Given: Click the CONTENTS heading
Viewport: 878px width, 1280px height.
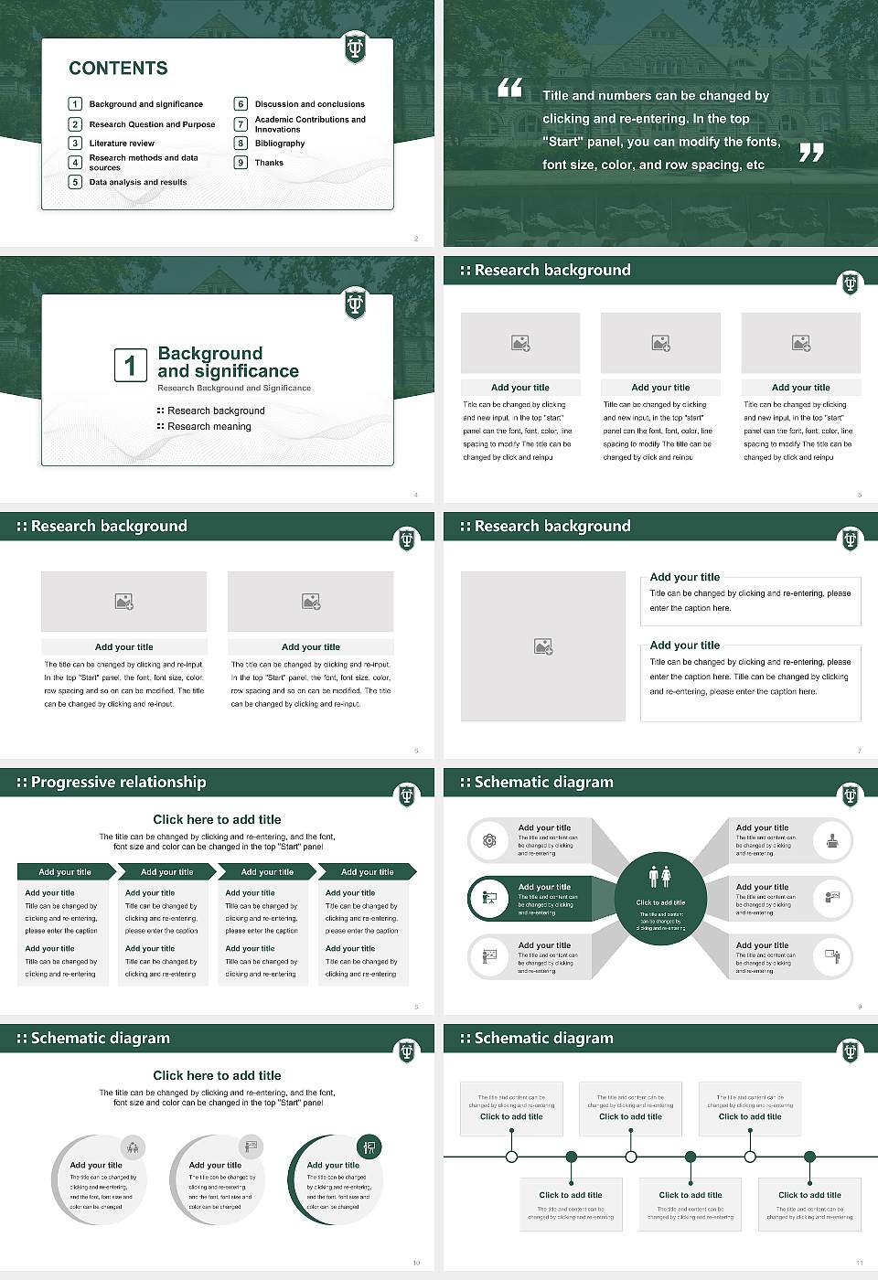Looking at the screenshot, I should [x=118, y=68].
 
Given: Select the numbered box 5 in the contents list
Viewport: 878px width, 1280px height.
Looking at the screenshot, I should [x=75, y=182].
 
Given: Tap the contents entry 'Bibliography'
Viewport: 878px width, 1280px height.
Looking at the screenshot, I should [x=279, y=144].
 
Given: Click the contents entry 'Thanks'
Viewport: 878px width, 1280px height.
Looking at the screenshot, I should [x=269, y=163].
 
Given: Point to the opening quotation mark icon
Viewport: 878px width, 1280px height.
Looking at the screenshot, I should [x=509, y=88].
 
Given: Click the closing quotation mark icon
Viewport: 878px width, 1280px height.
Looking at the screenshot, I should [x=810, y=153].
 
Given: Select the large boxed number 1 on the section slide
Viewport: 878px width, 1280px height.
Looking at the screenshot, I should [x=130, y=365].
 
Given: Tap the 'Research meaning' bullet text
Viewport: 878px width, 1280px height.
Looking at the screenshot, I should [x=209, y=426].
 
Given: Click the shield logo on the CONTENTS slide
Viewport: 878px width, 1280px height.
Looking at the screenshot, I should [x=355, y=48].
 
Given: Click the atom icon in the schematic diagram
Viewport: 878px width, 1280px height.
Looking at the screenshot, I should [x=489, y=840].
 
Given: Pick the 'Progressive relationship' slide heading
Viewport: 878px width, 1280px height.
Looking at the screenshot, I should [x=118, y=782].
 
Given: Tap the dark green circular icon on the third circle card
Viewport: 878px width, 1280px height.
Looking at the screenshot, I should [x=369, y=1147].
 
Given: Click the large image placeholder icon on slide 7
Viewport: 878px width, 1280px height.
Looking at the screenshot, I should [x=543, y=646].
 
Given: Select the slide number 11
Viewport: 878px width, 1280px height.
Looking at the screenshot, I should [x=859, y=1263].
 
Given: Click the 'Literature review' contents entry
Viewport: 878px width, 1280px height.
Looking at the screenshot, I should [x=122, y=144].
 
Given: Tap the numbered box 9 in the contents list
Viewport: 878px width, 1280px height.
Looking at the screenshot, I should [x=241, y=163].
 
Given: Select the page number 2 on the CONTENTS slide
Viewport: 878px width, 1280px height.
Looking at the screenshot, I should [x=416, y=239].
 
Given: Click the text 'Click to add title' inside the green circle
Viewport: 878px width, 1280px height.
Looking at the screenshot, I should [x=660, y=902].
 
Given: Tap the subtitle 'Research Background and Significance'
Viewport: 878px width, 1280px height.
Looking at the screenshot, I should [x=234, y=388].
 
